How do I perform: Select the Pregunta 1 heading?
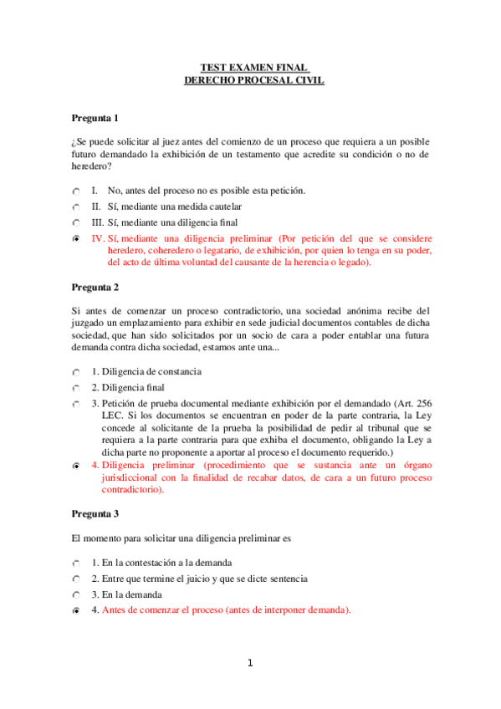95,118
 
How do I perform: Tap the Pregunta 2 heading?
95,287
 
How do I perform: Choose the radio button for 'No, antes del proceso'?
77,191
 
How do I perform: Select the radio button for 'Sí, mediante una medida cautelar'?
77,207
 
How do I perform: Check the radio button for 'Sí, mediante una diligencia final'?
77,223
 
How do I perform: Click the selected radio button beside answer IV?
77,239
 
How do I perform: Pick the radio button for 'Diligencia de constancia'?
77,372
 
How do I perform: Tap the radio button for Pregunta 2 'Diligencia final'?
77,388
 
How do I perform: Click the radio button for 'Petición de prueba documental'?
77,404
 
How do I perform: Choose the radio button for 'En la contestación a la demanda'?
77,564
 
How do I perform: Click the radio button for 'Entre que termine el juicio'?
77,579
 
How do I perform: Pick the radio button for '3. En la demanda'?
77,594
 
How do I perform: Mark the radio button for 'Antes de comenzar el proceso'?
77,611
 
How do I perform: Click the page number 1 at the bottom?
249,664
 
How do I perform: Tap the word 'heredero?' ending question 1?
93,166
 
